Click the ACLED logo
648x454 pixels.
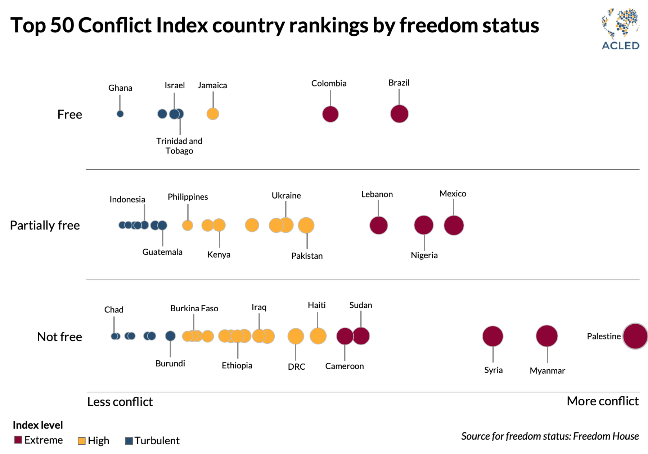pos(620,29)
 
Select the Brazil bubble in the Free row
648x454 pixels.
pos(399,114)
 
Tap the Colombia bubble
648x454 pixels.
pos(330,114)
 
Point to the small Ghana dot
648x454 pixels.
pos(120,114)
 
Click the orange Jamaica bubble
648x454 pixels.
pos(213,114)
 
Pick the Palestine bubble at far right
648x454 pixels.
pos(635,336)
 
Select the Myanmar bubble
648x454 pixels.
pos(547,336)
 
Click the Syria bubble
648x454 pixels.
pos(492,336)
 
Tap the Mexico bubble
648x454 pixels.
pos(454,225)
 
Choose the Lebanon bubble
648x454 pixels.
pos(378,225)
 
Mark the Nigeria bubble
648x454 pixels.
pos(424,225)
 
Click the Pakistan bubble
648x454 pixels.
pos(306,225)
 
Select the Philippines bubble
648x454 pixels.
pos(188,225)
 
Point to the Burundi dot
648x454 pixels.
pos(170,336)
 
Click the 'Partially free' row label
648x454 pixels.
pos(45,225)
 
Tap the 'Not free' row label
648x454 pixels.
pos(60,337)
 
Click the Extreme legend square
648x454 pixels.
pos(18,440)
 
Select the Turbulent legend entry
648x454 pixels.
pos(152,441)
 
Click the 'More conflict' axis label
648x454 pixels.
pos(602,401)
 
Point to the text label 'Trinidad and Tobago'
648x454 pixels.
pos(179,146)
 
